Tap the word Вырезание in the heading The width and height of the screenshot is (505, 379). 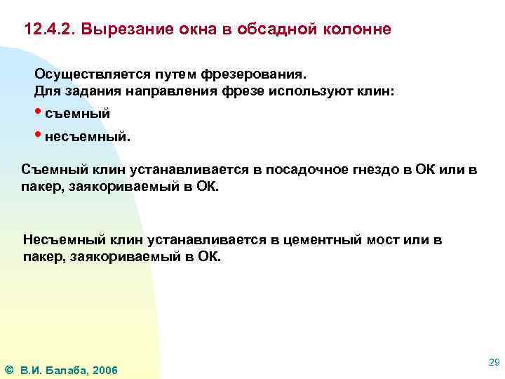coord(122,31)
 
